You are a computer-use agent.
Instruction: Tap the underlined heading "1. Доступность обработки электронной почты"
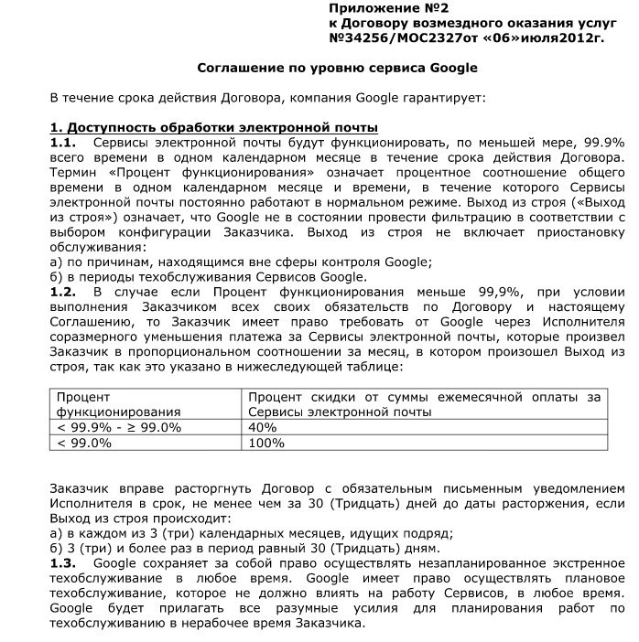pos(214,127)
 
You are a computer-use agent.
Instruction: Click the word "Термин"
pos(76,172)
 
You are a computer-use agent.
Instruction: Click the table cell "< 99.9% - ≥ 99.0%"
pos(119,427)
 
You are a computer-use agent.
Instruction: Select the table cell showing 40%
pos(263,427)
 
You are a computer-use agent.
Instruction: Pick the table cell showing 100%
pos(266,443)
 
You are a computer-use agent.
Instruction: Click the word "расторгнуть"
pos(178,489)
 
